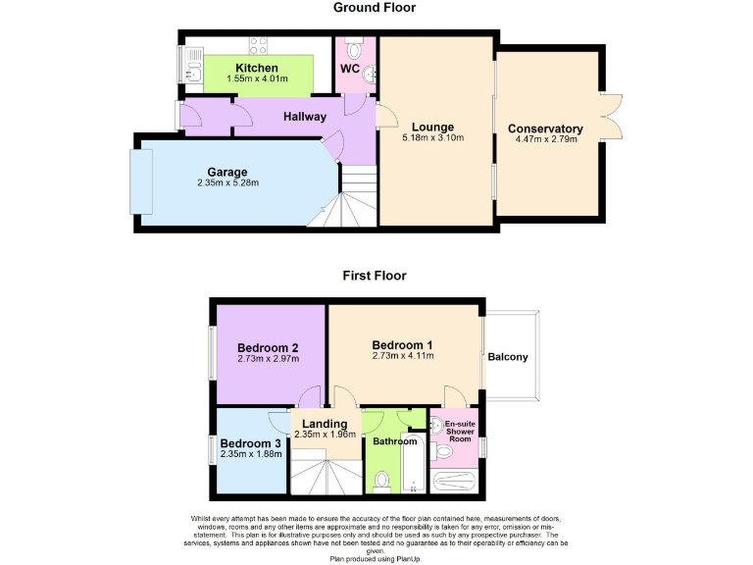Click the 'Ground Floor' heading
[374, 8]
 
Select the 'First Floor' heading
[374, 276]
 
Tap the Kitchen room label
[256, 68]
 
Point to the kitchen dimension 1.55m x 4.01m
[258, 78]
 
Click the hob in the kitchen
[259, 44]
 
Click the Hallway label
[305, 117]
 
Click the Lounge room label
[432, 127]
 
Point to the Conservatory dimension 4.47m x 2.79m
[546, 139]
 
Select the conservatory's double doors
[611, 117]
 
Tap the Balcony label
[508, 357]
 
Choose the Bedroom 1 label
[402, 344]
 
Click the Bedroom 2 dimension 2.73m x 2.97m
[268, 359]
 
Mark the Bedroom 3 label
[250, 443]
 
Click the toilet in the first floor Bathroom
[382, 481]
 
